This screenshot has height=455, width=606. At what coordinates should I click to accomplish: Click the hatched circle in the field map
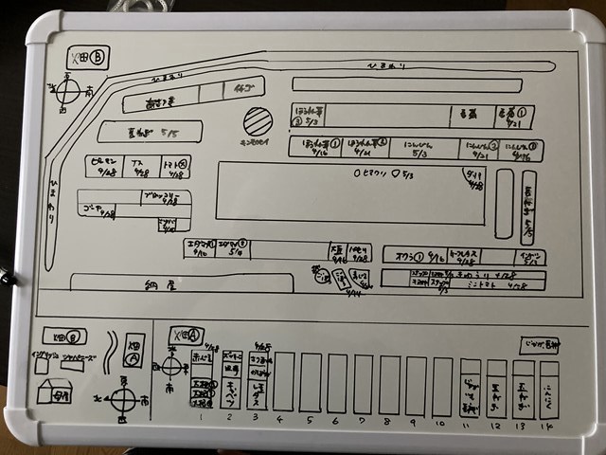click(x=257, y=120)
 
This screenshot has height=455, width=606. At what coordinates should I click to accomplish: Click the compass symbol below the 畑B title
click(x=68, y=92)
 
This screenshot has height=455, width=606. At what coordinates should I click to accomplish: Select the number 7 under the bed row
click(x=362, y=417)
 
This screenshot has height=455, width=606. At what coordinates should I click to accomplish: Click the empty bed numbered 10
click(x=442, y=384)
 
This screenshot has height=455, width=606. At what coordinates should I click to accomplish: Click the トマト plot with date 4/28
click(x=177, y=166)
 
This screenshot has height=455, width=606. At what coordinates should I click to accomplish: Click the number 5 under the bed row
click(x=309, y=417)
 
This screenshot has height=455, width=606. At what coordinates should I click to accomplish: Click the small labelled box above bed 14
click(x=540, y=345)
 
